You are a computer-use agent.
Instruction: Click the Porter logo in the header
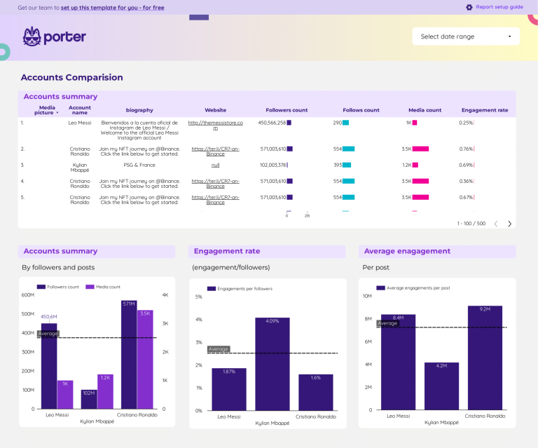pos(54,36)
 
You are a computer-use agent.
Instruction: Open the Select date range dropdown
pos(466,36)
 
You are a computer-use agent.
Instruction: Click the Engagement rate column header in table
pos(484,110)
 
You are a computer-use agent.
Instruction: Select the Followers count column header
pos(287,110)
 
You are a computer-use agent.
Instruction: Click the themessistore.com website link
pos(215,125)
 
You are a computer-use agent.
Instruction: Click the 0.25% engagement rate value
pos(466,123)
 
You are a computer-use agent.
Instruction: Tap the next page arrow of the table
pos(509,224)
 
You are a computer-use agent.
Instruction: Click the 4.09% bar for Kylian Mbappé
pos(272,365)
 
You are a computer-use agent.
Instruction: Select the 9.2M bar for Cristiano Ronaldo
pos(485,358)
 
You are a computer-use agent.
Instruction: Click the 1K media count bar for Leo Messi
pos(65,395)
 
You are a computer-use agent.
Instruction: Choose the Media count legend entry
pos(104,287)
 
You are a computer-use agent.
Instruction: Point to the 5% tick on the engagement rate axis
pos(198,297)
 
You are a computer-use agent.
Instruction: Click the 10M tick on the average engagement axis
pos(367,296)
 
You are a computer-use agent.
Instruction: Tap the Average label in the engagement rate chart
pos(218,348)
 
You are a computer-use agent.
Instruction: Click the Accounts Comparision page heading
pos(71,78)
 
